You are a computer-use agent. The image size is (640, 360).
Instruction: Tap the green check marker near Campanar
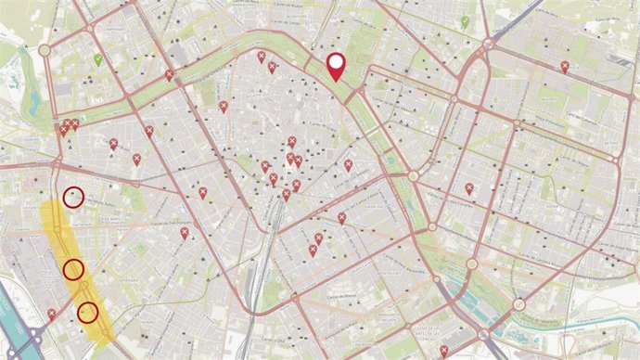(x=97, y=59)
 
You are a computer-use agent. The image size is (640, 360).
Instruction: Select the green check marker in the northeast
(x=465, y=21)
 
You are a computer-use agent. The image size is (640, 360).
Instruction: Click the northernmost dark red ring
(x=73, y=197)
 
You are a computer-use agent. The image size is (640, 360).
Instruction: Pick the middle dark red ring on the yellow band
(x=73, y=270)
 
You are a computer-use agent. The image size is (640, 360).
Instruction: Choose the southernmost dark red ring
(x=88, y=312)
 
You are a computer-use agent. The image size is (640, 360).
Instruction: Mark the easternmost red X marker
(x=565, y=66)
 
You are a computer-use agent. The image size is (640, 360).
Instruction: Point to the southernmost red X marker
(x=443, y=350)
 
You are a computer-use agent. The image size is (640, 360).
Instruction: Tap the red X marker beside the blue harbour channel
(x=51, y=315)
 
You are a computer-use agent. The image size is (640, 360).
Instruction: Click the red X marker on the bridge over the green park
(x=169, y=75)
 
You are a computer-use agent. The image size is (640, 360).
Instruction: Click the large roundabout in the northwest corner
(x=44, y=50)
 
